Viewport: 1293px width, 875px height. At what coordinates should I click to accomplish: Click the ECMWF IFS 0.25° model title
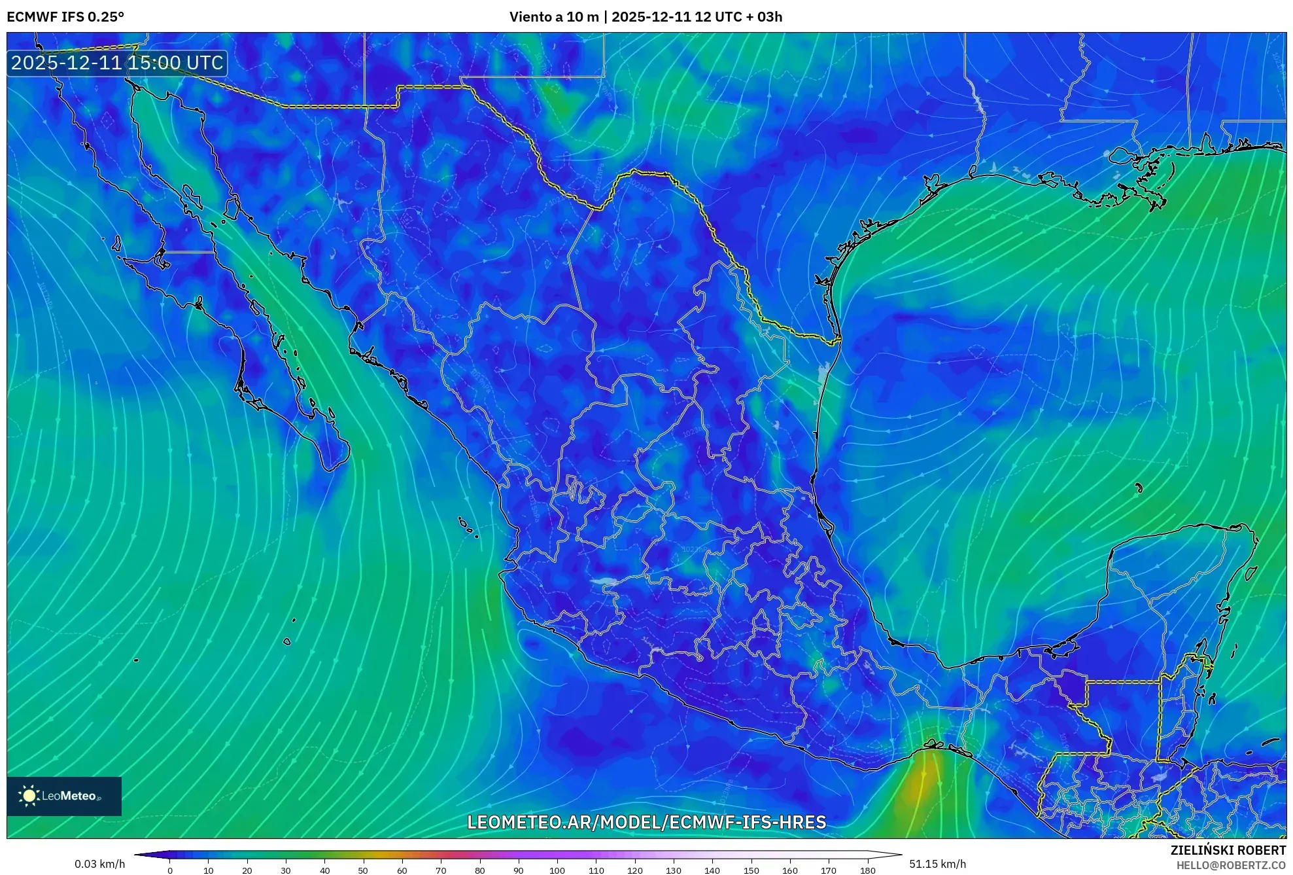pyautogui.click(x=65, y=17)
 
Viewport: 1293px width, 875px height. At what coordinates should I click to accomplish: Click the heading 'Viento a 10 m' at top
pyautogui.click(x=553, y=17)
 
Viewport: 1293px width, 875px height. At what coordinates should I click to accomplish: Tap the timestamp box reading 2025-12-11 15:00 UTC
pyautogui.click(x=117, y=63)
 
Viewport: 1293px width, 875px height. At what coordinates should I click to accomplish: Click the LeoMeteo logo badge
pyautogui.click(x=64, y=796)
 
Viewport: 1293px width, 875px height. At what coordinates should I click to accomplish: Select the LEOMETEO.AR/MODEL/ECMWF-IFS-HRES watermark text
pyautogui.click(x=646, y=822)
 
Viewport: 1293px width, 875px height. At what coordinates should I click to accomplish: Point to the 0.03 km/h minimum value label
pyautogui.click(x=99, y=864)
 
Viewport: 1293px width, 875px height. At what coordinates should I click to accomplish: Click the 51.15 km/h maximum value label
pyautogui.click(x=937, y=864)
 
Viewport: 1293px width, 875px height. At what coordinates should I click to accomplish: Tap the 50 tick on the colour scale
pyautogui.click(x=363, y=870)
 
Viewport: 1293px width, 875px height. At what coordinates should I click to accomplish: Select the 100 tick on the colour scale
pyautogui.click(x=557, y=870)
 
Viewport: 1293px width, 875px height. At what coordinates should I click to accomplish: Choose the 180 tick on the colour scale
pyautogui.click(x=867, y=870)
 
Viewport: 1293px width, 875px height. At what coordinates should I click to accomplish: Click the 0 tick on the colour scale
pyautogui.click(x=170, y=870)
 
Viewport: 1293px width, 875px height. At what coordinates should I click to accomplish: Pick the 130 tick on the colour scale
pyautogui.click(x=673, y=870)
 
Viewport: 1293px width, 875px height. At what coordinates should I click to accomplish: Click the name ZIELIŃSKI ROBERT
pyautogui.click(x=1228, y=850)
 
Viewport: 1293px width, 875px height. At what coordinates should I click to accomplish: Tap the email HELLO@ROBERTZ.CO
pyautogui.click(x=1231, y=865)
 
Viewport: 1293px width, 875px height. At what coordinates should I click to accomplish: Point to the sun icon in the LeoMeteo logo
pyautogui.click(x=29, y=796)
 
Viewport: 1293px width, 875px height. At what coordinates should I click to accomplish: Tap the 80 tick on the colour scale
pyautogui.click(x=479, y=870)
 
